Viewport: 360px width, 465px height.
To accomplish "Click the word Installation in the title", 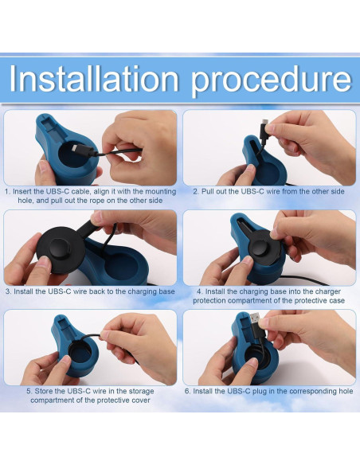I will [x=95, y=80].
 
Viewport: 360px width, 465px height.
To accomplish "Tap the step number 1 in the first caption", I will [x=6, y=191].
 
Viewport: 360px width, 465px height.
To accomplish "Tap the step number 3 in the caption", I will [x=7, y=291].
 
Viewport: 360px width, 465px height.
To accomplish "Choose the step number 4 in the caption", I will [x=198, y=291].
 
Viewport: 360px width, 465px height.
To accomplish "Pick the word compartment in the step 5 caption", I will [x=53, y=400].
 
